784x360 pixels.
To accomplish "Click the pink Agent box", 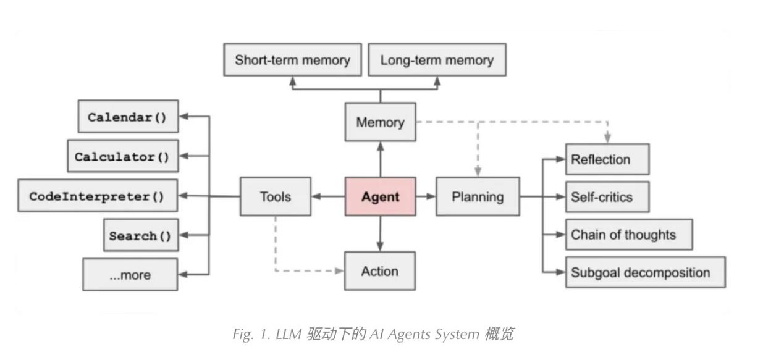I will coord(380,197).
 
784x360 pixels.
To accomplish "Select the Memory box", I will coord(380,122).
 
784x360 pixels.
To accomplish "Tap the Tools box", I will coord(275,197).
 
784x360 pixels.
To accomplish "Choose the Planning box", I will coord(478,197).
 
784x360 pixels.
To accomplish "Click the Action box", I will coord(379,271).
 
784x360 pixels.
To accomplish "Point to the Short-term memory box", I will coord(292,60).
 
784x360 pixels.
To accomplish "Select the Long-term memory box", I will coord(437,60).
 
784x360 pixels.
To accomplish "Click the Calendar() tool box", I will coord(128,117).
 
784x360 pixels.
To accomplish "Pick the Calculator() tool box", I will coord(122,156).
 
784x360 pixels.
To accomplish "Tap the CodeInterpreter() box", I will coord(98,196).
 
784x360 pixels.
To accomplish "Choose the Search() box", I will coord(141,235).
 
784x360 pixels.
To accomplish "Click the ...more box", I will coord(130,275).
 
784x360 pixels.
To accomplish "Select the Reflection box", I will coord(607,160).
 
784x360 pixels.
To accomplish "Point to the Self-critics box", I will coord(607,197).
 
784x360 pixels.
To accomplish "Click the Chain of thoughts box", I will coord(628,235).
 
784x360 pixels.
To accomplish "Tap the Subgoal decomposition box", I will coord(645,272).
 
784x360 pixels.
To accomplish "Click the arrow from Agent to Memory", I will coord(380,159).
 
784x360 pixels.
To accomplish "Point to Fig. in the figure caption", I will coord(242,335).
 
